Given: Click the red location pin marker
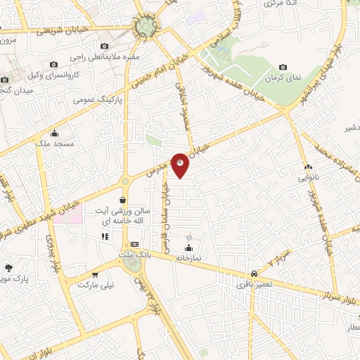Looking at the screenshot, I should [x=181, y=163].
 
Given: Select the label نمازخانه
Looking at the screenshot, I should [x=188, y=259].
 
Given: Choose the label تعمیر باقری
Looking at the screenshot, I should [x=252, y=284].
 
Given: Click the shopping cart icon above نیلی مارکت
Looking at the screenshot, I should [x=95, y=274].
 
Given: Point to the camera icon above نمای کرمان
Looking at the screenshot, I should [x=283, y=66].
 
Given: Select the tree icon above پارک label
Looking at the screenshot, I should [x=9, y=268].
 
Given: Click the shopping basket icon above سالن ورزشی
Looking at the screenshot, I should [x=123, y=200].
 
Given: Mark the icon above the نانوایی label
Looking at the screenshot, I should [x=307, y=167].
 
